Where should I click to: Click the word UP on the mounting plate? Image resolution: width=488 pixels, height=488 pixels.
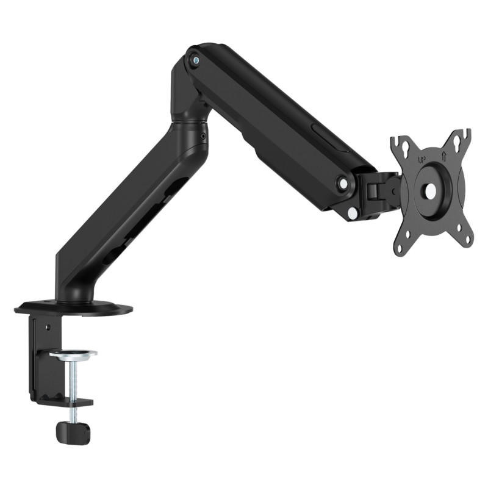(421, 160)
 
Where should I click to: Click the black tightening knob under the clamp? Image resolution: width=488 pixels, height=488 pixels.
(73, 432)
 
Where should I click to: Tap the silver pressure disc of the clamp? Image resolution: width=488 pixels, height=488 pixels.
(73, 353)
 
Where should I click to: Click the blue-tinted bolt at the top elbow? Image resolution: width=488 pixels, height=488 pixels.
(195, 59)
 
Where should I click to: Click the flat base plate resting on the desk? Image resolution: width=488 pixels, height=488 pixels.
(73, 307)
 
